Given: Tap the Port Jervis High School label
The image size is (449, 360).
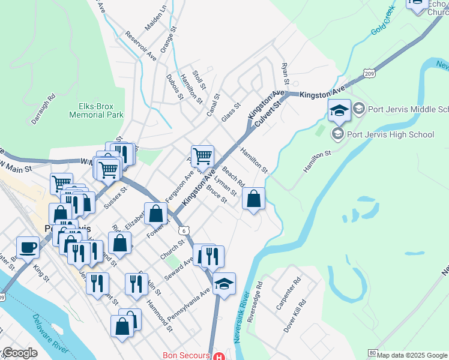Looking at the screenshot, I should click(x=390, y=134).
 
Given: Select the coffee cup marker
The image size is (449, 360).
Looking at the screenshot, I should click(x=28, y=247).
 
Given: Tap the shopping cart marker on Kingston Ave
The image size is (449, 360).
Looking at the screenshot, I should click(x=203, y=157).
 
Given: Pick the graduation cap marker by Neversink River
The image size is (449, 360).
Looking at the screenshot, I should click(x=224, y=284).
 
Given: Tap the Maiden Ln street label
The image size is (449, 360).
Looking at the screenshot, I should click(x=155, y=19).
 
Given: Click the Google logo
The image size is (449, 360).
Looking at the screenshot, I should click(x=19, y=353).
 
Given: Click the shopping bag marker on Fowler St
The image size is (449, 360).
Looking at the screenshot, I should click(x=156, y=214).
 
